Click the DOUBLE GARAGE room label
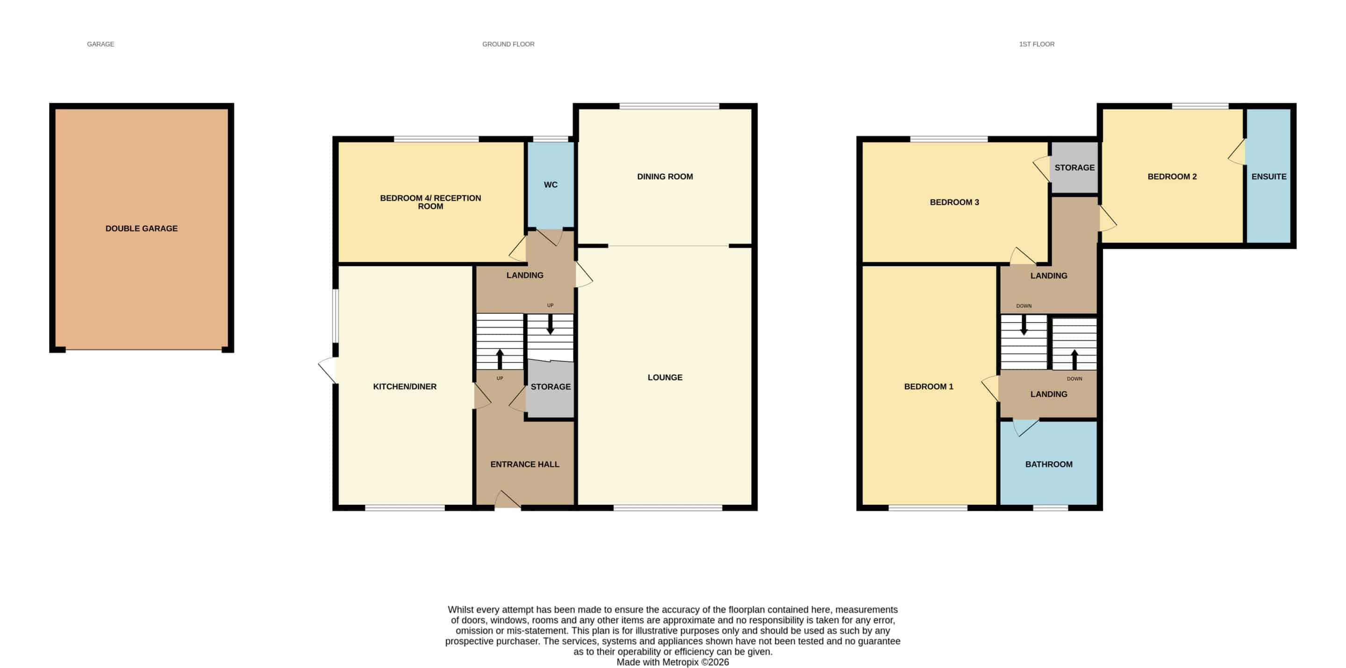click(x=142, y=229)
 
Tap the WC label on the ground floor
click(x=551, y=185)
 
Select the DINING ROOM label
click(x=665, y=177)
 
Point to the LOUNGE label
click(x=665, y=377)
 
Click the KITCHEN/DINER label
click(x=405, y=387)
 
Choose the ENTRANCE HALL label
click(x=525, y=464)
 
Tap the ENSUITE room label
click(x=1269, y=177)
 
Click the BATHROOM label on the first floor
click(x=1049, y=464)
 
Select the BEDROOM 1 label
click(x=929, y=387)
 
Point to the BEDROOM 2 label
click(x=1173, y=177)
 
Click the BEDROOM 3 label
click(x=955, y=202)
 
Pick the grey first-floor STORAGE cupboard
click(x=1074, y=168)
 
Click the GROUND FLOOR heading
click(x=508, y=44)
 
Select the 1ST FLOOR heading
click(x=1037, y=44)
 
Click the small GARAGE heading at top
click(x=101, y=44)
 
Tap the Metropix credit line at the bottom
click(x=673, y=662)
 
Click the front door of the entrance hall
click(x=508, y=500)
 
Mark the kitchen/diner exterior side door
click(x=328, y=370)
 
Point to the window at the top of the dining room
click(x=669, y=106)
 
